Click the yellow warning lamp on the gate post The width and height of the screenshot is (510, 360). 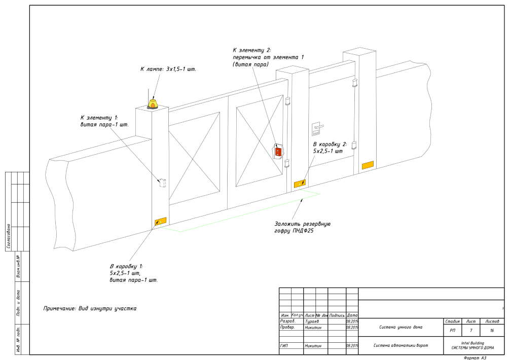tap(152, 103)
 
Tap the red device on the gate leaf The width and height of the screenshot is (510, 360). tap(278, 151)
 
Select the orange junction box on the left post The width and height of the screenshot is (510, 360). tap(160, 221)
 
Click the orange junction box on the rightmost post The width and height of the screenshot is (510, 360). tap(367, 165)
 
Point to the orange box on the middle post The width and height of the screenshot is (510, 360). tap(301, 183)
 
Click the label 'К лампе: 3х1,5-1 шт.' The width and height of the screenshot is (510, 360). tap(168, 68)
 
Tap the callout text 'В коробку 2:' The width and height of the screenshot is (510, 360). tap(330, 144)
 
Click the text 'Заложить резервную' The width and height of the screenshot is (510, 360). tap(303, 224)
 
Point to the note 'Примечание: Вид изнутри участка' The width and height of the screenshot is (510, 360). tap(90, 308)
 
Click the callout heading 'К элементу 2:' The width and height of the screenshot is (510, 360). tap(252, 50)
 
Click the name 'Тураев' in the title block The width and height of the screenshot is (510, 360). tap(312, 321)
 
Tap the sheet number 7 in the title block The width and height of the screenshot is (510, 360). tap(471, 330)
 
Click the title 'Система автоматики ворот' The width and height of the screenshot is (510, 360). tap(400, 346)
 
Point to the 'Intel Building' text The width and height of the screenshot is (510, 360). tap(472, 343)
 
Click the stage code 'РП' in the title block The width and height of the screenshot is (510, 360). tap(452, 330)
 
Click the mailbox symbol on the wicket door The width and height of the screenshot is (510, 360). tap(315, 128)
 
